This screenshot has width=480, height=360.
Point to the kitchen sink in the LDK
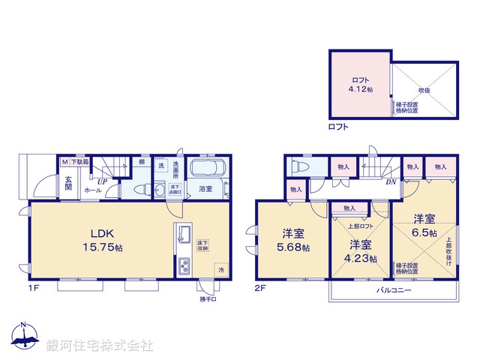coord(182,238)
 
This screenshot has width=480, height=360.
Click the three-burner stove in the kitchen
coord(183,266)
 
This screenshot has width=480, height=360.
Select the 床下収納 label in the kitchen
coord(203,245)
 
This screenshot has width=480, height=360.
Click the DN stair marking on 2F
coord(390,181)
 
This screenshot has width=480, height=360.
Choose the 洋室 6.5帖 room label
coord(423,226)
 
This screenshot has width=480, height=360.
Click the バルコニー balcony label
coord(392,289)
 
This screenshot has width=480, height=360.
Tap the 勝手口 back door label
coord(207,301)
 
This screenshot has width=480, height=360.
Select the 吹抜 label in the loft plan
coord(424,89)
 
